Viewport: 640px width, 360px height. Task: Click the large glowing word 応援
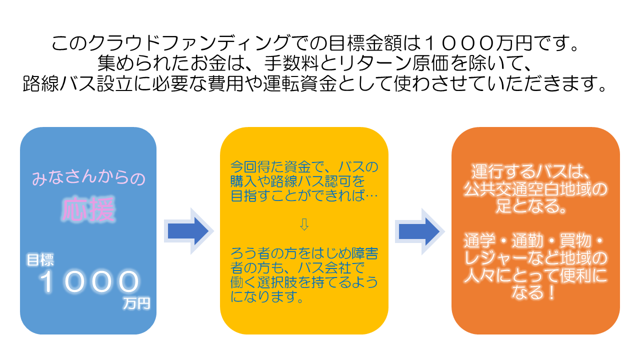pyautogui.click(x=88, y=210)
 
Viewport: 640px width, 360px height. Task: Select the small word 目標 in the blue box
pyautogui.click(x=40, y=259)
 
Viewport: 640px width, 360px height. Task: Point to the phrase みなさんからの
pyautogui.click(x=88, y=177)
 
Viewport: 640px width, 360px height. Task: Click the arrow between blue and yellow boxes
pyautogui.click(x=188, y=231)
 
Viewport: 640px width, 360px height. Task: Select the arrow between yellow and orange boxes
pyautogui.click(x=419, y=231)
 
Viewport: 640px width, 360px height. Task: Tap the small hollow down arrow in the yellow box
pyautogui.click(x=304, y=224)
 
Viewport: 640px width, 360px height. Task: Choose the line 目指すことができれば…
pyautogui.click(x=304, y=195)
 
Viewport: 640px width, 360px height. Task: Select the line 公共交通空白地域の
pyautogui.click(x=535, y=189)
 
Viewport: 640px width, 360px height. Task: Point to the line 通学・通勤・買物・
pyautogui.click(x=535, y=242)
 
